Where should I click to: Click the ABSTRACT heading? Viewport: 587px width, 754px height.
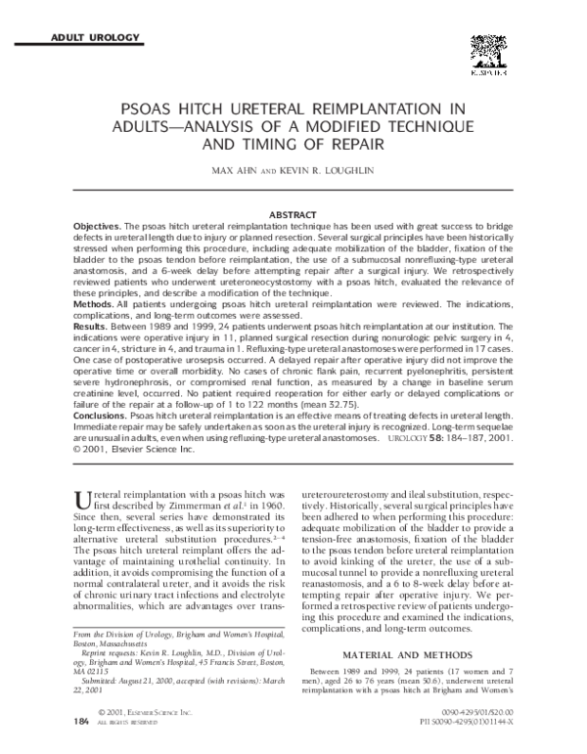pyautogui.click(x=293, y=214)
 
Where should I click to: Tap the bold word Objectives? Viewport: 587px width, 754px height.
pyautogui.click(x=103, y=225)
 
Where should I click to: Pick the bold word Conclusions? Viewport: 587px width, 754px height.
pyautogui.click(x=107, y=419)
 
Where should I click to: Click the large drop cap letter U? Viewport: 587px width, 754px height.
pyautogui.click(x=83, y=502)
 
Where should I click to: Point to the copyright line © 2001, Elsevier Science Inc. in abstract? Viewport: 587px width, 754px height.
pyautogui.click(x=132, y=452)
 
